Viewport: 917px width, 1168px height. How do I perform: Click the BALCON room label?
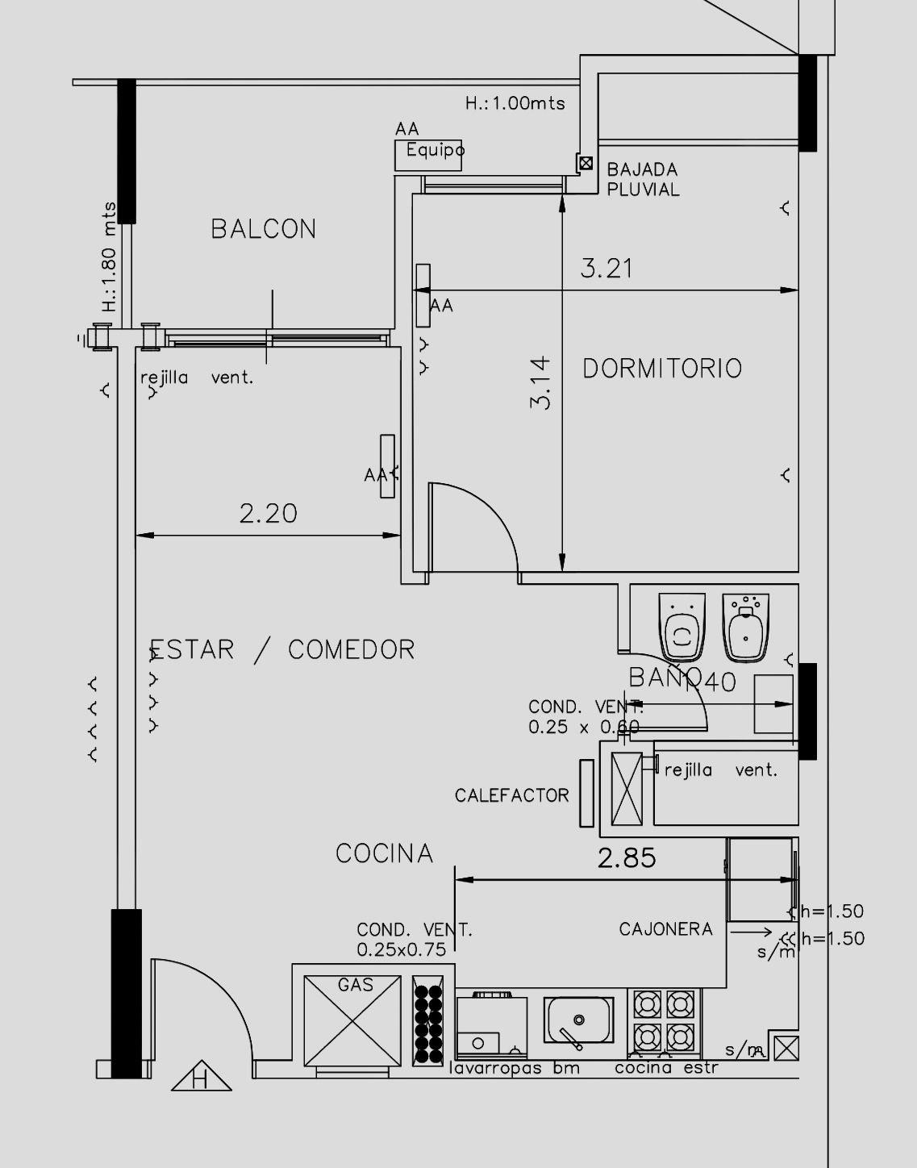264,229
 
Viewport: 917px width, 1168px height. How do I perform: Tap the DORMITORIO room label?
661,369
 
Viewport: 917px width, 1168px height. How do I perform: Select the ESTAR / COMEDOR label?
282,649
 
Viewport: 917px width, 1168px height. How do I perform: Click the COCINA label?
384,853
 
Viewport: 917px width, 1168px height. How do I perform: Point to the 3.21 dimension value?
606,269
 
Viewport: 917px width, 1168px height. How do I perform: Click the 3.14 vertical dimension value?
540,382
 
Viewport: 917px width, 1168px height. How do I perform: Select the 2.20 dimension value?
268,513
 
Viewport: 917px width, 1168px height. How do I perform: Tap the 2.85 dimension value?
627,857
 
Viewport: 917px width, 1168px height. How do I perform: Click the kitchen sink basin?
578,1020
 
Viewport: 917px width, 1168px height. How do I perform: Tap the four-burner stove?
665,1020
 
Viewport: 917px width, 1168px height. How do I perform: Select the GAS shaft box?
352,1020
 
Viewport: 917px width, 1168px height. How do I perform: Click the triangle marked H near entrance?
201,1077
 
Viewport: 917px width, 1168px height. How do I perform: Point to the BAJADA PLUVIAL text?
643,180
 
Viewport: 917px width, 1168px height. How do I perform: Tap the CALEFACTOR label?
511,796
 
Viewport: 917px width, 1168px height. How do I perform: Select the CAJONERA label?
665,929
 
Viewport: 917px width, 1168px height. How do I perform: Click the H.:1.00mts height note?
515,103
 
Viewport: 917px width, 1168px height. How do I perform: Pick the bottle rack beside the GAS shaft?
427,1020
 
